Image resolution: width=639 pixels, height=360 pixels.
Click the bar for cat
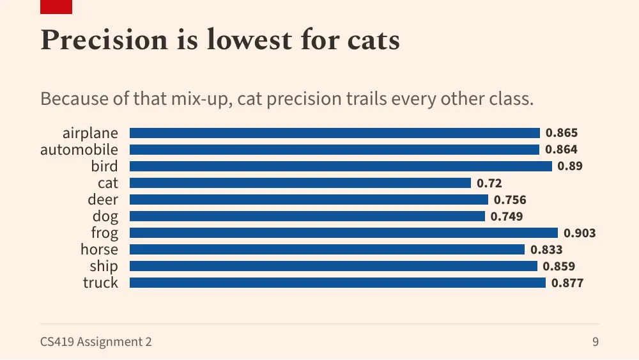coord(300,183)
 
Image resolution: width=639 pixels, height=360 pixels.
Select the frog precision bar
coord(344,233)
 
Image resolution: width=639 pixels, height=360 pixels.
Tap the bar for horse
coord(327,249)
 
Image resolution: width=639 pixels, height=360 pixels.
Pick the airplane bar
coord(335,133)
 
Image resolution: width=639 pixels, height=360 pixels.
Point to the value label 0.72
coord(489,183)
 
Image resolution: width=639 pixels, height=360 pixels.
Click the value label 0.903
coord(580,233)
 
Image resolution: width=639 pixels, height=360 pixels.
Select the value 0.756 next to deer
coord(510,200)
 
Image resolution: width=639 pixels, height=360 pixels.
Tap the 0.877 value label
coord(567,283)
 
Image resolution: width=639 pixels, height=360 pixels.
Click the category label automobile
coord(79,150)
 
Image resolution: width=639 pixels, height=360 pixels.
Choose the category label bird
coord(105,166)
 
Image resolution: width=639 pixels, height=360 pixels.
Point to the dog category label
coord(105,217)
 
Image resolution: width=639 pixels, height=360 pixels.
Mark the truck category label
coord(101,283)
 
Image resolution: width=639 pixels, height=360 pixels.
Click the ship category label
coord(104,266)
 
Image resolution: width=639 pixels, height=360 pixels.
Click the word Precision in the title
coord(104,40)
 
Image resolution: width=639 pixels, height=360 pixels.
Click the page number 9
coord(596,341)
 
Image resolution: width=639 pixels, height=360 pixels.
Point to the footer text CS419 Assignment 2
coord(96,341)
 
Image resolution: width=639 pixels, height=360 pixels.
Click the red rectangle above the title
coord(56,7)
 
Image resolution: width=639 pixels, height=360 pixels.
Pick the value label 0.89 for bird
coord(570,166)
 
